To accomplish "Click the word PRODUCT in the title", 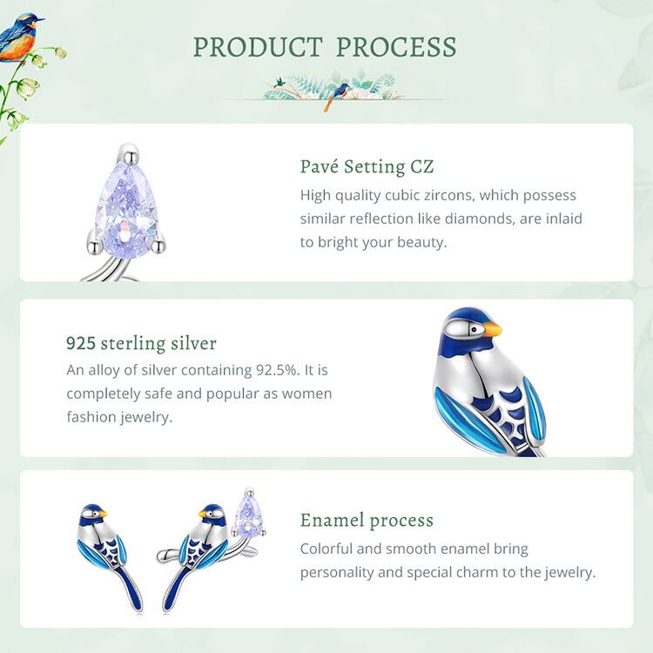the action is tap(258, 47).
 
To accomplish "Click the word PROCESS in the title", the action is tap(396, 47).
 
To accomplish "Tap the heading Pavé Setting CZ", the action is tap(367, 166).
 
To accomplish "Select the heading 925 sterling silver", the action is tap(141, 344).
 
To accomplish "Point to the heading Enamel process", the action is tap(367, 520).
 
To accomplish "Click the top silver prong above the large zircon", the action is tap(131, 153).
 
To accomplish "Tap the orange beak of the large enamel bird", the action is tap(491, 329).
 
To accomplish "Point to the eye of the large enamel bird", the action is tap(474, 330).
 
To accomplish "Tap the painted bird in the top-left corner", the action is tap(19, 37).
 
